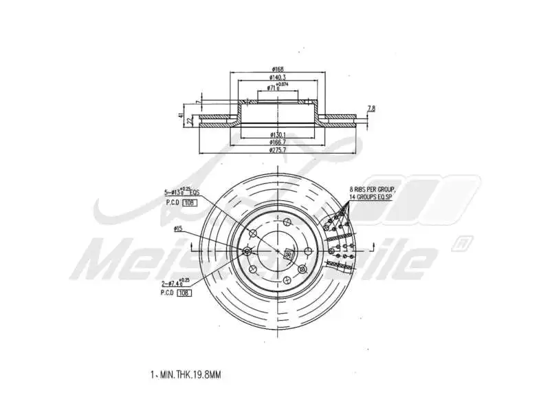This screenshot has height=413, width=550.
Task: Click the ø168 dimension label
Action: pos(278,70)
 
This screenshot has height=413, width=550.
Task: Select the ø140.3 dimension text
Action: pos(278,78)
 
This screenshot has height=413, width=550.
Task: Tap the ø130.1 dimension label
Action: pos(278,134)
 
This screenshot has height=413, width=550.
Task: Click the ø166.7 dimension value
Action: pos(278,141)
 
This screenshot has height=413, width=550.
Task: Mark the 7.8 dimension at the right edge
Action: pos(371,109)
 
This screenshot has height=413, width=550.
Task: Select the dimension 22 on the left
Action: pos(189,121)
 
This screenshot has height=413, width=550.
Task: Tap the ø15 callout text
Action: pos(177,228)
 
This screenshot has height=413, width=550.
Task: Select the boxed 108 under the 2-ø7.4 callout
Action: pos(184,293)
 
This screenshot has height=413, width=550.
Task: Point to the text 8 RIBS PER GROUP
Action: pos(372,188)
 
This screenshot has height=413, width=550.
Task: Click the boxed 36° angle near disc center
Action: pos(287,253)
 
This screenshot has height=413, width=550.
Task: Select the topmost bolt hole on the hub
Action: pos(287,222)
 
